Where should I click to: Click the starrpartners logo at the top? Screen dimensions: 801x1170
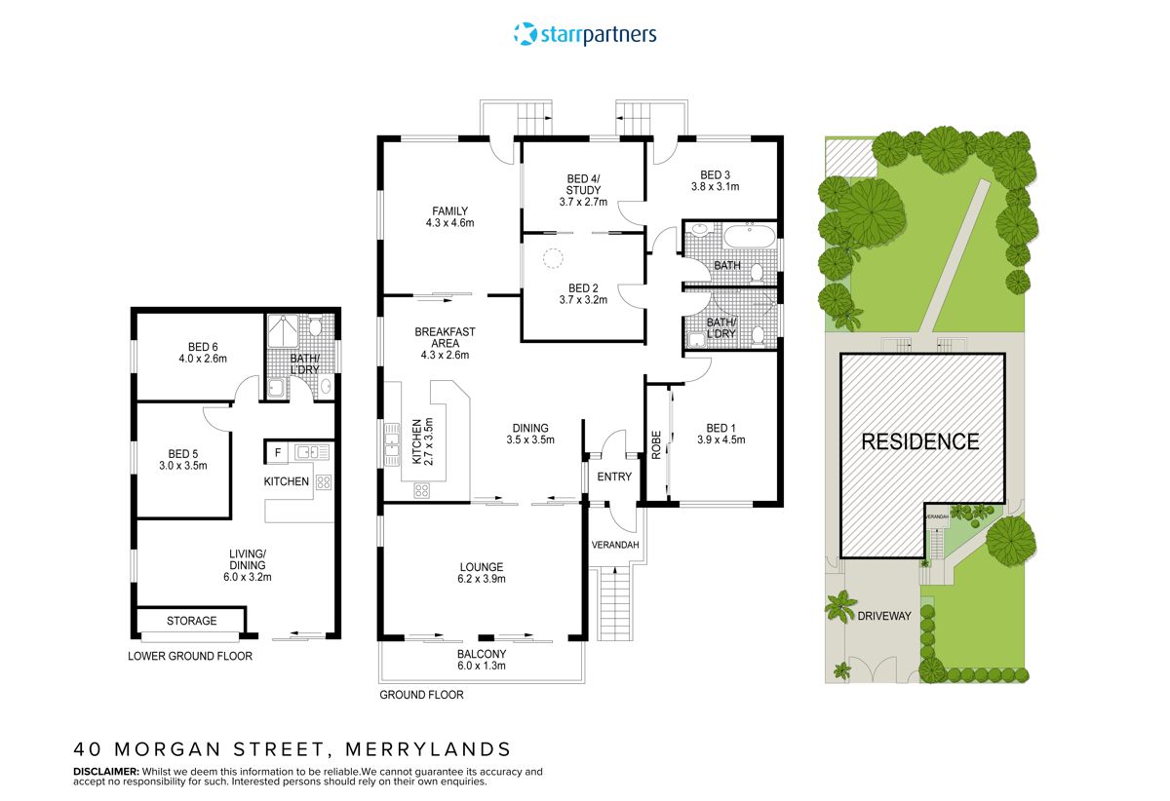pos(585,34)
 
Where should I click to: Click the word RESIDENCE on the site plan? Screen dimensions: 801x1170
pos(920,441)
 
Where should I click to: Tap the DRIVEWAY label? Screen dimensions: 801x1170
pos(883,616)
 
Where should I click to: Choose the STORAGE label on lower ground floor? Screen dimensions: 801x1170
pos(191,621)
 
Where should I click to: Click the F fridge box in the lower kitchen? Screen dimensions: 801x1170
pos(278,452)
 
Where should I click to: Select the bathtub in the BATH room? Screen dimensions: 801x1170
pos(747,237)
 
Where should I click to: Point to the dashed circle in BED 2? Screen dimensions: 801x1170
pos(553,259)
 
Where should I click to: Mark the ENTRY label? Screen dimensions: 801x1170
pos(614,477)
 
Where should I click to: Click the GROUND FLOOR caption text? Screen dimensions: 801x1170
pos(421,695)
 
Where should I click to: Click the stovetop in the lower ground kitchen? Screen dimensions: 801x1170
pos(323,481)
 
